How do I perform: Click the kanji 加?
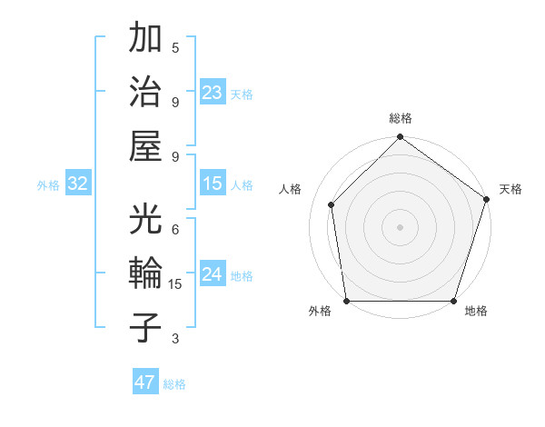pos(146,40)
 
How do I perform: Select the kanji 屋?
pos(146,145)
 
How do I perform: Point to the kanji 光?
pos(146,220)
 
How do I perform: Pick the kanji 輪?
pos(146,273)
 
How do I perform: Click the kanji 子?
pos(146,327)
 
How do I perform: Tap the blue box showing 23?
pos(213,92)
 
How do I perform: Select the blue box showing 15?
pos(213,184)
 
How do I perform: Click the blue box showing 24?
pos(213,274)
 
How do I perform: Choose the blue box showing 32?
pos(77,184)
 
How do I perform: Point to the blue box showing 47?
pos(145,382)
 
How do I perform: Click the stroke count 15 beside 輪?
pos(177,284)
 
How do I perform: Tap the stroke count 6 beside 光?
pos(174,229)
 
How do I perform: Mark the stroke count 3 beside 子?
pos(174,339)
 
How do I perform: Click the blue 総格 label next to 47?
pos(174,384)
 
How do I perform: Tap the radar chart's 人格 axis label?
pos(291,189)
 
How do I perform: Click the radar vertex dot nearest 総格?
pos(400,138)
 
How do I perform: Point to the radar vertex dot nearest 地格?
pos(454,301)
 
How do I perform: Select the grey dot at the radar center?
pos(400,226)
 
